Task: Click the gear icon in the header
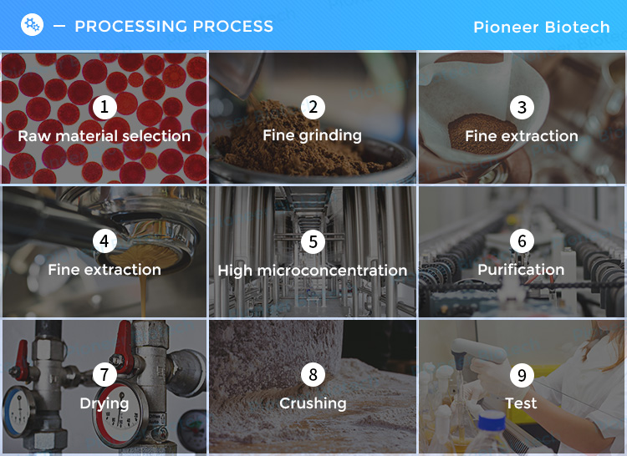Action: tap(32, 25)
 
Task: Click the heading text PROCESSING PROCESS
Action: tap(174, 27)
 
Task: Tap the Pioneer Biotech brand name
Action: tap(542, 28)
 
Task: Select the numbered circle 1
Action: tap(104, 107)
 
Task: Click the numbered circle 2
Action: tap(313, 107)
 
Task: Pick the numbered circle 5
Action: tap(313, 241)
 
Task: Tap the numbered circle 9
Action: tap(522, 375)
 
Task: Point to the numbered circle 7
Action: tap(104, 374)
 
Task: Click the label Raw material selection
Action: tap(104, 136)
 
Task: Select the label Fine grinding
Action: tap(313, 136)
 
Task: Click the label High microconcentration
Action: tap(313, 271)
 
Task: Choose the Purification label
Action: tap(521, 270)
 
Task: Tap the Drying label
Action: tap(104, 403)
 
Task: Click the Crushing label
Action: tap(313, 403)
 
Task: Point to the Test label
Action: tap(521, 403)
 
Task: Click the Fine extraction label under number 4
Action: tap(104, 270)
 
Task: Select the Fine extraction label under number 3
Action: tap(522, 136)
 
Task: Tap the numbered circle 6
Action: tap(522, 241)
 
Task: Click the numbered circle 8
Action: tap(313, 374)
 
